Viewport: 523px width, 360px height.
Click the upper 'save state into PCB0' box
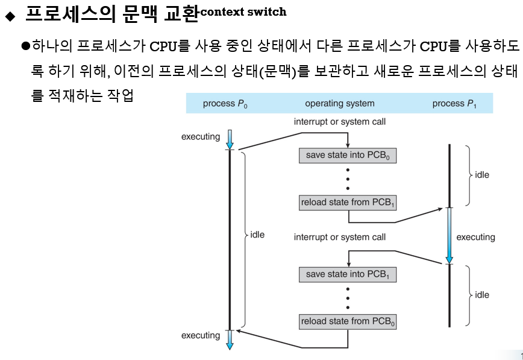[x=348, y=155]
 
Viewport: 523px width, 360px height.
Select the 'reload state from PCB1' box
[x=348, y=203]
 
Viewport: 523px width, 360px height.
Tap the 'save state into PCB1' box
[x=348, y=274]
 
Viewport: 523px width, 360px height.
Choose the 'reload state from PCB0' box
[x=348, y=321]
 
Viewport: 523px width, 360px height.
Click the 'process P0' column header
[x=225, y=104]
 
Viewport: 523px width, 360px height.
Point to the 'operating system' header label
[x=340, y=104]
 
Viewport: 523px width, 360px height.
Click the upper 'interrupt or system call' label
[x=340, y=122]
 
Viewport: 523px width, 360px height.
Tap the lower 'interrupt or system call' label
[x=340, y=237]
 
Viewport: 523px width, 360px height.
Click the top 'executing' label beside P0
[x=201, y=137]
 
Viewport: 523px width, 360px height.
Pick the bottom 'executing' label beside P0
[x=201, y=335]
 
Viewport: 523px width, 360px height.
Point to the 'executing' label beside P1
[x=475, y=237]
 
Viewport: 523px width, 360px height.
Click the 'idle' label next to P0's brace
[x=257, y=235]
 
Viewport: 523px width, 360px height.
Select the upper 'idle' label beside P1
[x=482, y=175]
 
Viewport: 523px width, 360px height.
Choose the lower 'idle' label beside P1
[x=482, y=295]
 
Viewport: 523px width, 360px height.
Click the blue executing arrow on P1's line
[x=449, y=235]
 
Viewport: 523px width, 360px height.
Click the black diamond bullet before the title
[x=8, y=15]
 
